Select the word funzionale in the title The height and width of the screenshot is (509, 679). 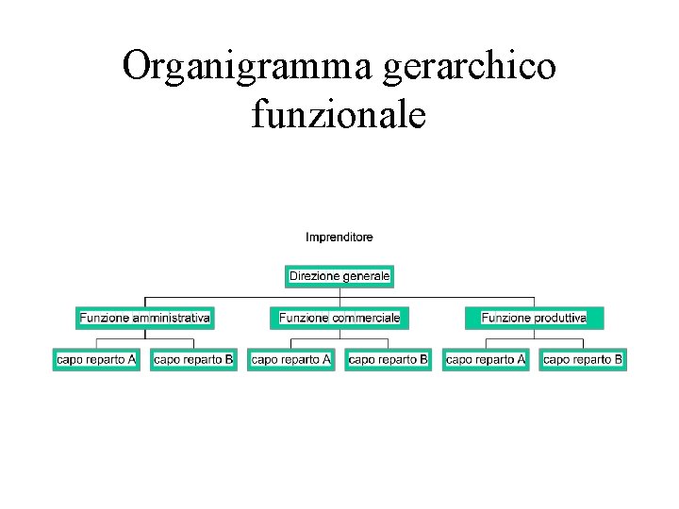point(339,115)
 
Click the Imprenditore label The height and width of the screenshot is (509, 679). point(339,238)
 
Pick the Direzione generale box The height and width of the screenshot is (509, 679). point(339,277)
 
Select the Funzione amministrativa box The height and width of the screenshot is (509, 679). point(145,318)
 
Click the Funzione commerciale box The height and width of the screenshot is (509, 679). point(339,318)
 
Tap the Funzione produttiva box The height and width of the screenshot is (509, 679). point(534,318)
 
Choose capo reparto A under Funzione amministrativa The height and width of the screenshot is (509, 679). point(96,359)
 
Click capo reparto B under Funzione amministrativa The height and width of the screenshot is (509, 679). point(193,359)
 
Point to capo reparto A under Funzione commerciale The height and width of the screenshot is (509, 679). point(291,359)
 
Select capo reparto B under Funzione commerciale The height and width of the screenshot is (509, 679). point(388,359)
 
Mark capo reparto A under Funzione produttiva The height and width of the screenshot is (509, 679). point(486,359)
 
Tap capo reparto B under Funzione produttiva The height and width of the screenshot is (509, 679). point(583,359)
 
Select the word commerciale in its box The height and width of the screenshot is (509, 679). point(366,318)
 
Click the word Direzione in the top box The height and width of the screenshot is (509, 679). point(313,277)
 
